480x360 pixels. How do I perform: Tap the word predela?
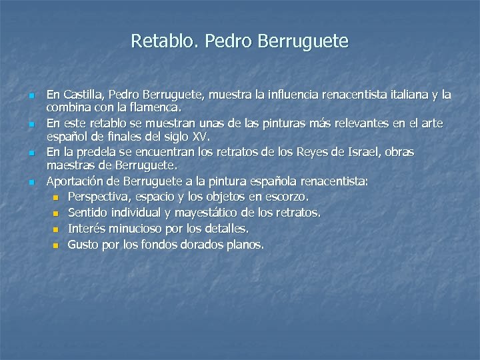coord(101,153)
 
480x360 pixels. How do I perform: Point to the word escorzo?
coord(287,197)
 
